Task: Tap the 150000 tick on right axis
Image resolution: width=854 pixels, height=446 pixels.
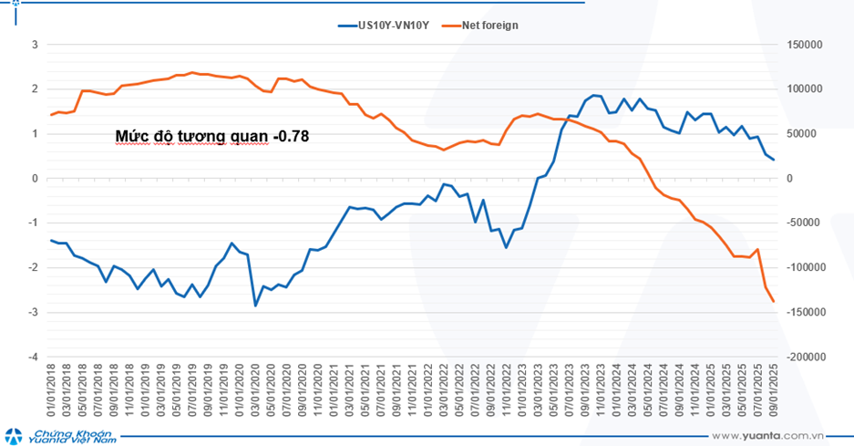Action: coord(805,44)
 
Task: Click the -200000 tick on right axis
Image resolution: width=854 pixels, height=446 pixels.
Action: coord(804,358)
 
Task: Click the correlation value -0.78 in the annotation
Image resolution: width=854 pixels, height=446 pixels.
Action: coord(291,137)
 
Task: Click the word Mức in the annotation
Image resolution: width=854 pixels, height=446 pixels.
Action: coord(130,137)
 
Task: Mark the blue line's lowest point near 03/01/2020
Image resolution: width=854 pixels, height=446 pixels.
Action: coord(255,306)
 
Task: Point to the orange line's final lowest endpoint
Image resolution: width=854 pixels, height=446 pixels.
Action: coord(774,302)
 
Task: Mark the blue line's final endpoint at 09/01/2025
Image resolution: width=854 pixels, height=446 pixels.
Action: coord(774,160)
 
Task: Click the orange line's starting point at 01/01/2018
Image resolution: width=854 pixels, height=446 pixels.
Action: coord(51,115)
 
